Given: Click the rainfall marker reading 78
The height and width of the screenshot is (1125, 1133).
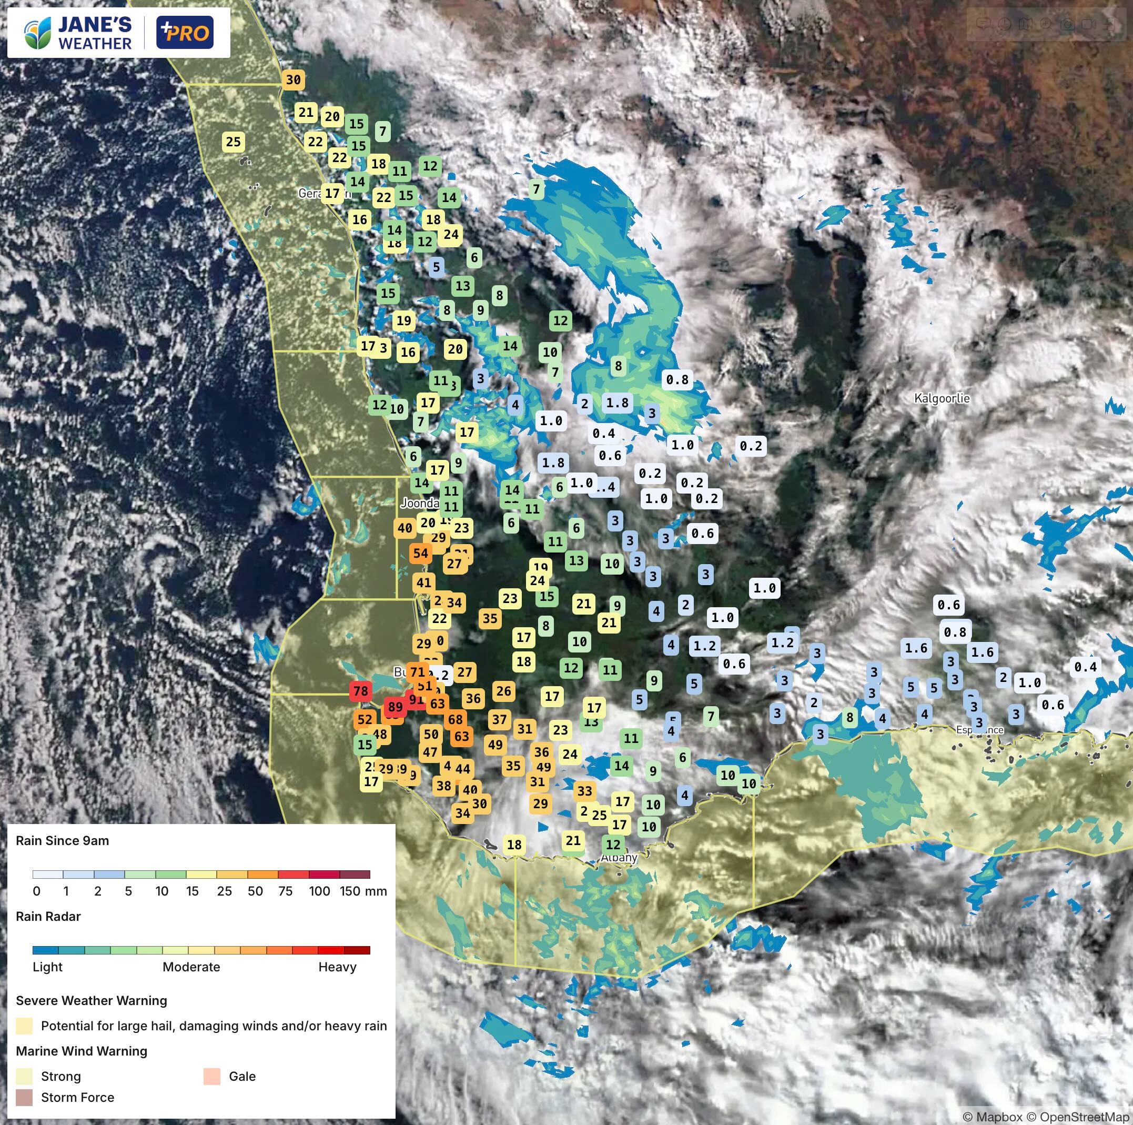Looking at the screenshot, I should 360,691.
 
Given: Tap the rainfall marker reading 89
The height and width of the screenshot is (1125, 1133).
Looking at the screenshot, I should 395,707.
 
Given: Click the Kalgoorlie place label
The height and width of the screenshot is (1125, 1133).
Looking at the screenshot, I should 942,398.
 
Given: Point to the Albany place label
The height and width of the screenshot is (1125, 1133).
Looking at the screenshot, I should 619,858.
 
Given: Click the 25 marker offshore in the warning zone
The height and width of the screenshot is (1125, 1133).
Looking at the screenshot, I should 234,142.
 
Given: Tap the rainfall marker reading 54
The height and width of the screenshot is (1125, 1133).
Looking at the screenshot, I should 420,553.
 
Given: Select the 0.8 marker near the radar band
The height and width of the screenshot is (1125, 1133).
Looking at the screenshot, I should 677,379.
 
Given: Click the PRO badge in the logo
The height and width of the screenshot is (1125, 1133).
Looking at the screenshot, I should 185,32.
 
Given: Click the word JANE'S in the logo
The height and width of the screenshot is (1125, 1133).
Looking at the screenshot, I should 95,24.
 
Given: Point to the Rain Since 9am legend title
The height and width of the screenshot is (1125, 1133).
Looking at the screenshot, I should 62,840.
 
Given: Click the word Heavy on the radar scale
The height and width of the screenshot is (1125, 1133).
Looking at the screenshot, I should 337,967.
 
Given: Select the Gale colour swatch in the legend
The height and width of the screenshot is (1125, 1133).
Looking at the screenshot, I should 211,1076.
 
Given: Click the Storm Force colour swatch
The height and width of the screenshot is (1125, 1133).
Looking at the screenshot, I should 24,1098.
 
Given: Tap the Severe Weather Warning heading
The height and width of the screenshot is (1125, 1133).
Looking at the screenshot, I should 92,1001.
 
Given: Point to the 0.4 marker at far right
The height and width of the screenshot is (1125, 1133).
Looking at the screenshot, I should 1085,666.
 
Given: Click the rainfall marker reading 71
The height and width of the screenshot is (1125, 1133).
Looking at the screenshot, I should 417,671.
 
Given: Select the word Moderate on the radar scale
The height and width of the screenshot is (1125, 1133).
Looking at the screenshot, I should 191,967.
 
